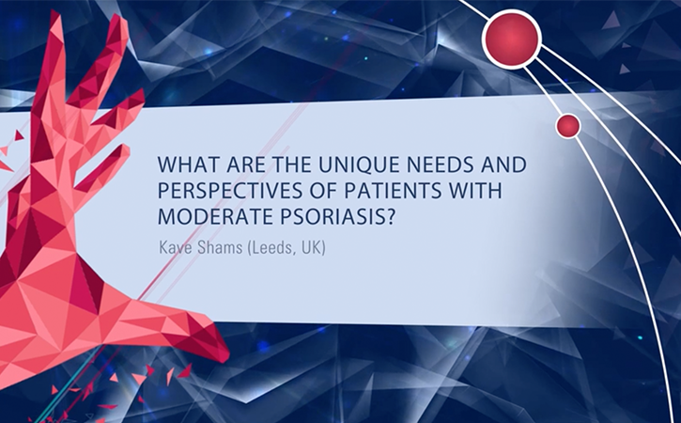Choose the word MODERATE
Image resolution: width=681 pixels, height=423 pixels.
click(214, 216)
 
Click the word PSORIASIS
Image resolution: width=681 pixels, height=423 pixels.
click(332, 216)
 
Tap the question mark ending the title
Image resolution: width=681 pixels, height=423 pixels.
click(390, 216)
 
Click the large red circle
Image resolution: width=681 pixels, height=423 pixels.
click(513, 39)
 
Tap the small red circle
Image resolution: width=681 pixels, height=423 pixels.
click(568, 126)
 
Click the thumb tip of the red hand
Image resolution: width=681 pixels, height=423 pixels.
click(226, 354)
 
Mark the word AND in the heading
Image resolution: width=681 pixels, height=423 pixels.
click(505, 164)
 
